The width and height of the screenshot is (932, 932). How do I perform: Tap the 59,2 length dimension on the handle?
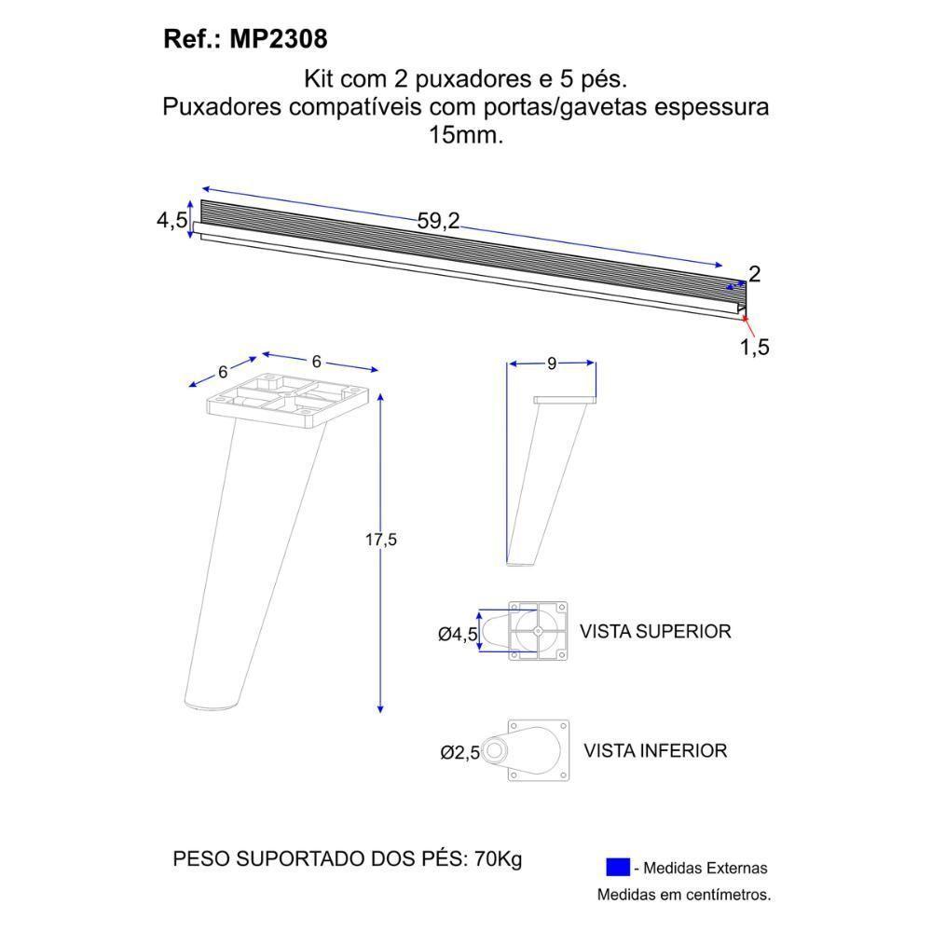[438, 222]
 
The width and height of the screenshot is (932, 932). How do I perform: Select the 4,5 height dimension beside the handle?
[171, 221]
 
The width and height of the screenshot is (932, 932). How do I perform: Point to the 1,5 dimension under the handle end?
[755, 348]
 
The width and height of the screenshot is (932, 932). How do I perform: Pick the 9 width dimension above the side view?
[552, 363]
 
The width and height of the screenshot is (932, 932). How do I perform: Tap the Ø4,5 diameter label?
[458, 635]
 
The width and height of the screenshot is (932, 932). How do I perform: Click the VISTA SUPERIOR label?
[655, 632]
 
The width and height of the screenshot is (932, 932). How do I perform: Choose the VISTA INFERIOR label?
[655, 750]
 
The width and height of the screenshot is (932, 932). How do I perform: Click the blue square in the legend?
[617, 868]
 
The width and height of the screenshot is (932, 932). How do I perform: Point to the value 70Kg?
[499, 859]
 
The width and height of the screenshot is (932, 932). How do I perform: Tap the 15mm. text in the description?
[465, 134]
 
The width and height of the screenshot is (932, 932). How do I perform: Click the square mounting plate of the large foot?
[294, 400]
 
